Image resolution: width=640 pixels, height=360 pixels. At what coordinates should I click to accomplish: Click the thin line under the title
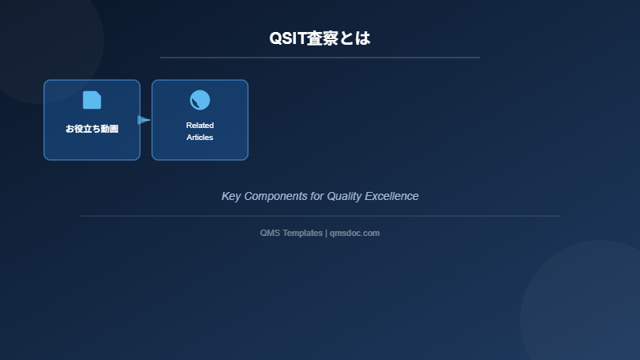pos(320,58)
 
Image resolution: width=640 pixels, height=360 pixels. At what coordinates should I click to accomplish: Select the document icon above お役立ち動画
pos(92,100)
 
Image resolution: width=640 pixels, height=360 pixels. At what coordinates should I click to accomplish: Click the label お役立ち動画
pos(92,129)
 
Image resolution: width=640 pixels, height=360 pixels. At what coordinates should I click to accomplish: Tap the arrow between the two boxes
pos(144,120)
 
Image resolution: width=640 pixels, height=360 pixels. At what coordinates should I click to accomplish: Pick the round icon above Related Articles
pos(200,100)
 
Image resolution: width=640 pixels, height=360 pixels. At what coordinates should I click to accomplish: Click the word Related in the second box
pos(200,126)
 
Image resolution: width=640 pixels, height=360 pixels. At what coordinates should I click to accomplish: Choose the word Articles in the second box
pos(200,138)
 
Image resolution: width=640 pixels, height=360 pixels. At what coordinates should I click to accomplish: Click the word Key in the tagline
pos(231,196)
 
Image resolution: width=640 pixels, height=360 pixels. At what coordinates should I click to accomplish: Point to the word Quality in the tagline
pos(346,196)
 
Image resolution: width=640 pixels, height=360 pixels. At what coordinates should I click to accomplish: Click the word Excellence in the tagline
pos(392,196)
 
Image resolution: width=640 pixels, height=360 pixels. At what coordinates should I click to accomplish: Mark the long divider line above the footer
pos(320,216)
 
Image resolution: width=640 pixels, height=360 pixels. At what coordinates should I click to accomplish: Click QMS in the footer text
pos(270,233)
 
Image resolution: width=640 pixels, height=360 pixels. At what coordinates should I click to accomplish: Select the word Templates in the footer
pos(302,233)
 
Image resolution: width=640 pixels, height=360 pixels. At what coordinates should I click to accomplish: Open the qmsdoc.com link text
pos(354,233)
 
